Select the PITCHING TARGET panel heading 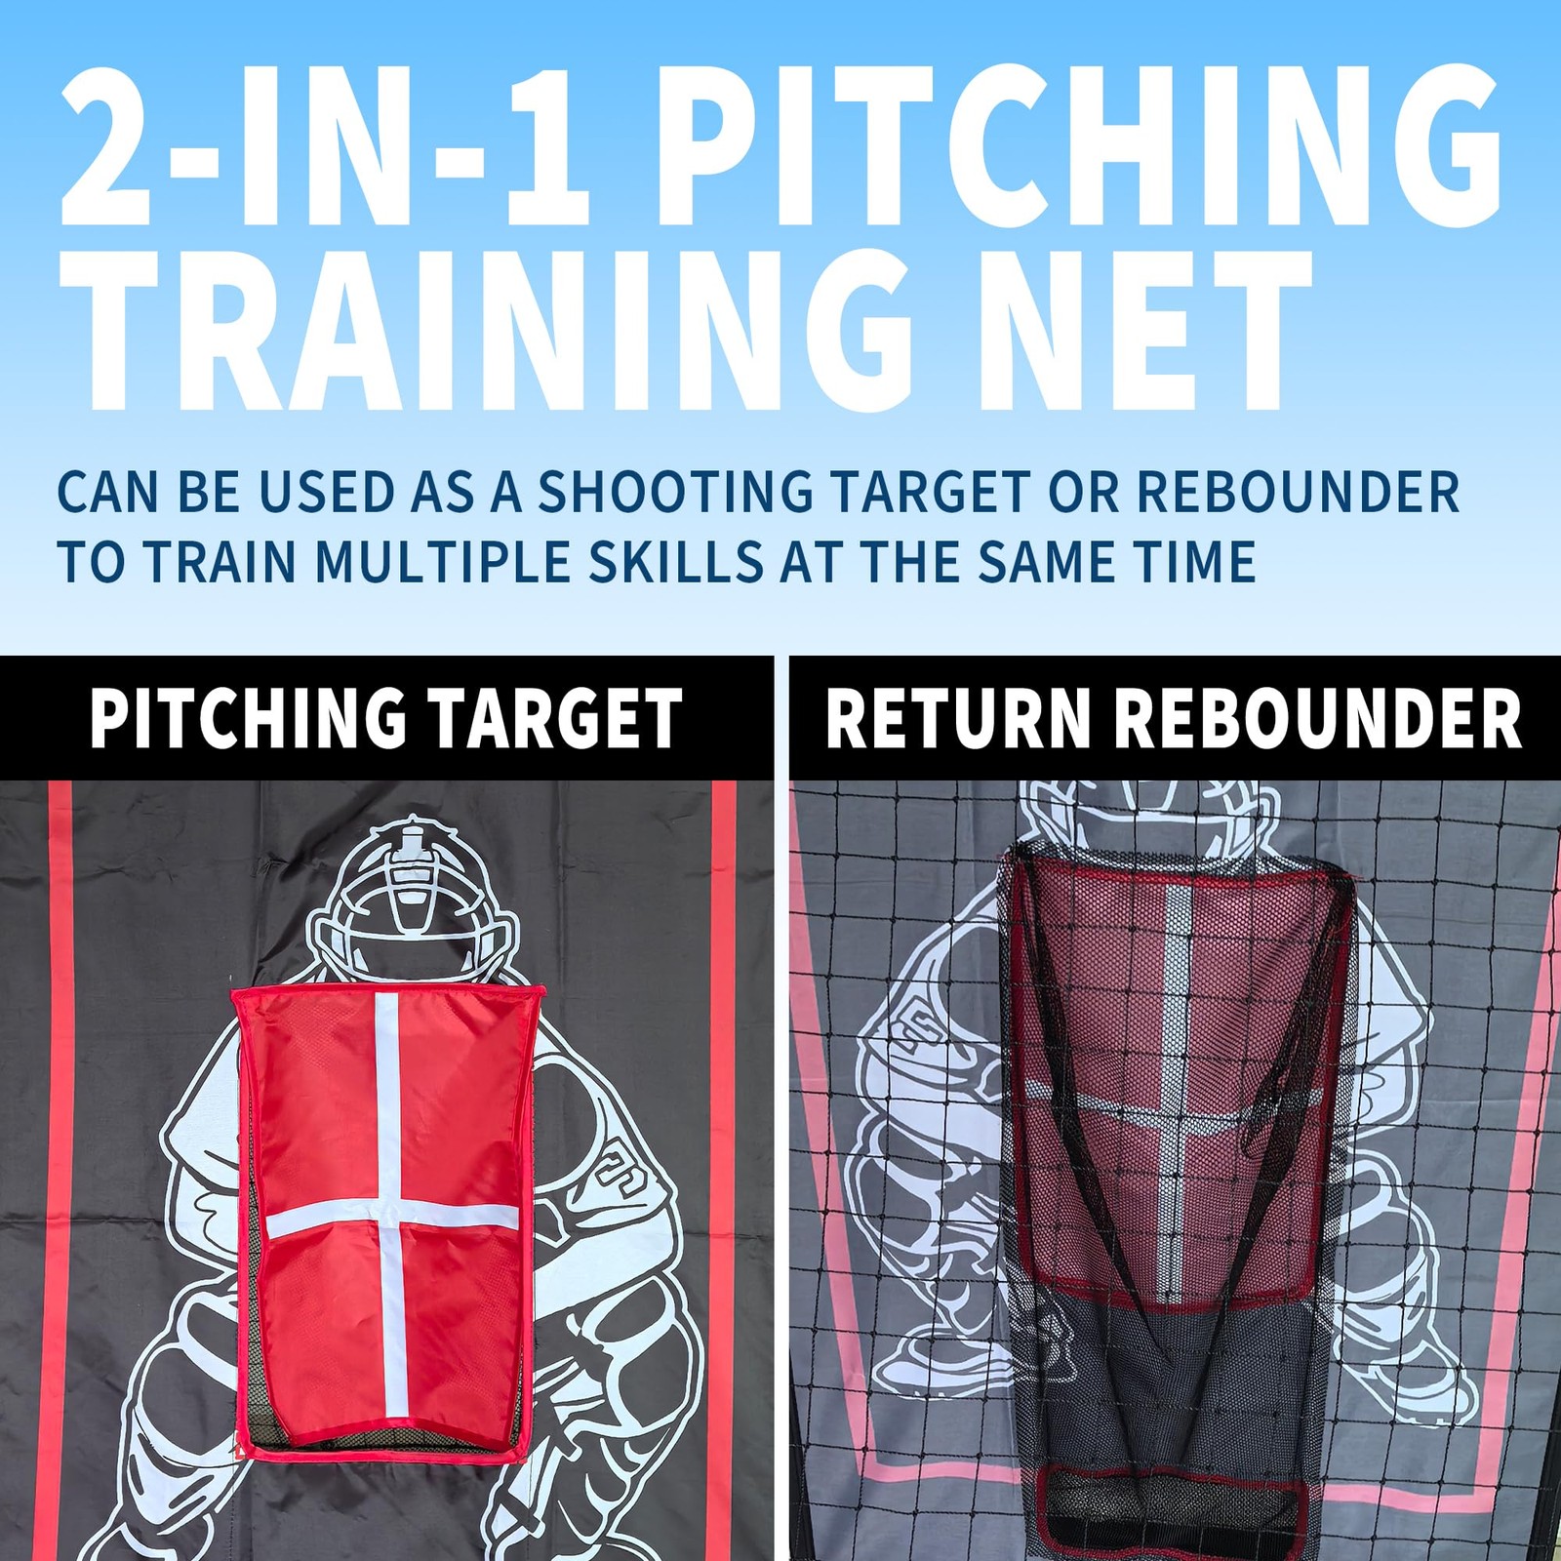pyautogui.click(x=385, y=719)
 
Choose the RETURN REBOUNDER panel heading pyautogui.click(x=1174, y=719)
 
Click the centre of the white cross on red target pyautogui.click(x=387, y=1218)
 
